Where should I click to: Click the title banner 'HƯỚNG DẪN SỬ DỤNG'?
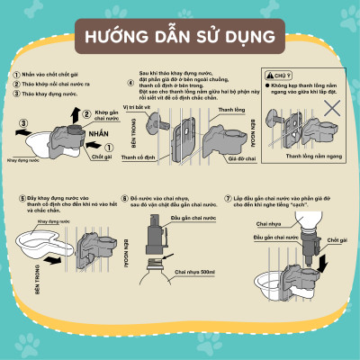click(179, 39)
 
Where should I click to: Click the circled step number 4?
click(131, 84)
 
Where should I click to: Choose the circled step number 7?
click(229, 197)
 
